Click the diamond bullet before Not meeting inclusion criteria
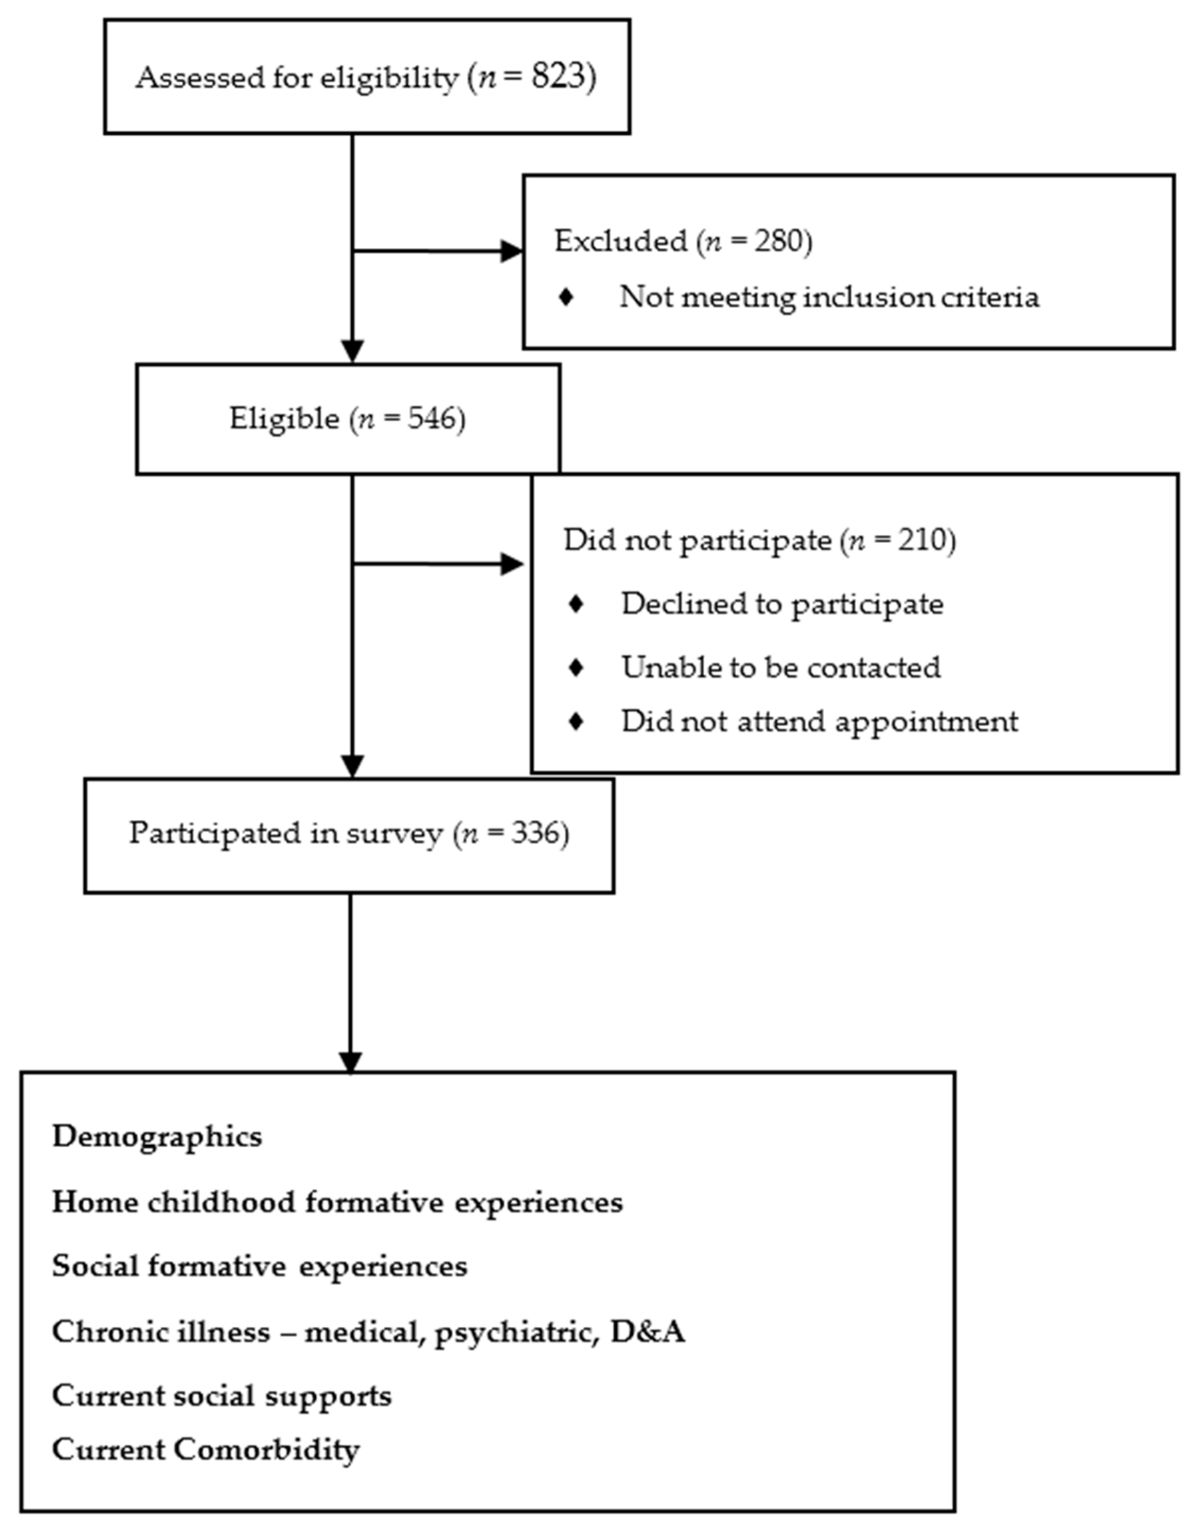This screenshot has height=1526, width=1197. point(566,297)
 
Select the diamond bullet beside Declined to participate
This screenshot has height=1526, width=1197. point(576,604)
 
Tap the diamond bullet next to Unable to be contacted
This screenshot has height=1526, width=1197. point(576,667)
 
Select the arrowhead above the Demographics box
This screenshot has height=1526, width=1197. point(350,1062)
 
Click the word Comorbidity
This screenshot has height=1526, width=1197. point(267,1450)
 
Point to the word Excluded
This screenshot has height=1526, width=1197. point(621,241)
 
